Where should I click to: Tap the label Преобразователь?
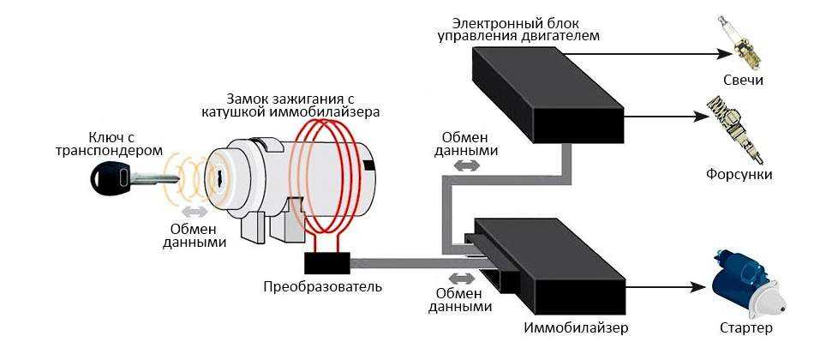322,285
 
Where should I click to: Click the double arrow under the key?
193,211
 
